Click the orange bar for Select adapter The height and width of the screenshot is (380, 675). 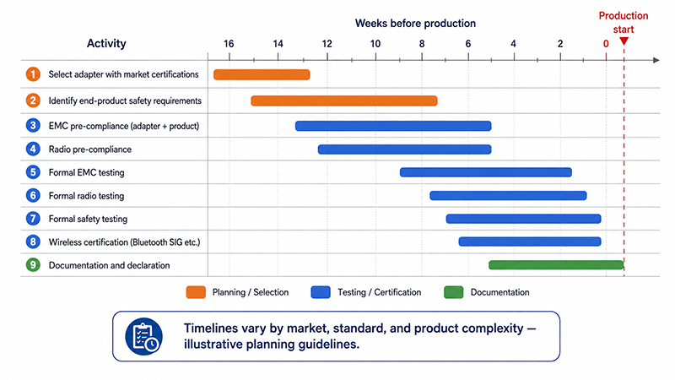pyautogui.click(x=262, y=74)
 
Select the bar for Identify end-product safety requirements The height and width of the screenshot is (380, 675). pyautogui.click(x=344, y=100)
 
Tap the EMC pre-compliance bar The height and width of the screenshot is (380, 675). pyautogui.click(x=393, y=126)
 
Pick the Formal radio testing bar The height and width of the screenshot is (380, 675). pyautogui.click(x=508, y=196)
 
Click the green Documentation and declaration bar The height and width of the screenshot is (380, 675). pyautogui.click(x=556, y=265)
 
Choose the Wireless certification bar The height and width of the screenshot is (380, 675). pyautogui.click(x=530, y=242)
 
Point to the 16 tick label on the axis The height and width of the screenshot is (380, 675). pyautogui.click(x=229, y=44)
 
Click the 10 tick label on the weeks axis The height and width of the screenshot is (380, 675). pyautogui.click(x=375, y=44)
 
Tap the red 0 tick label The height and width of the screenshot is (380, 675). pyautogui.click(x=606, y=44)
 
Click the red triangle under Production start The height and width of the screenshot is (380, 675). pyautogui.click(x=624, y=41)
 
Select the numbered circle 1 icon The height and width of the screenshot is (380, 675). pyautogui.click(x=33, y=74)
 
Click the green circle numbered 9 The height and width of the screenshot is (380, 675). pyautogui.click(x=33, y=265)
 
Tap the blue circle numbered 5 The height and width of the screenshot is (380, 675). pyautogui.click(x=33, y=172)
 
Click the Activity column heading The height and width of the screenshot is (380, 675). pyautogui.click(x=106, y=44)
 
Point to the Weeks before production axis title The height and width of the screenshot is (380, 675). pyautogui.click(x=415, y=24)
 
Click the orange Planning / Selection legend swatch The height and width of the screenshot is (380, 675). pyautogui.click(x=196, y=292)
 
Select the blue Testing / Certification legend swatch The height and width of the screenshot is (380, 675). pyautogui.click(x=321, y=292)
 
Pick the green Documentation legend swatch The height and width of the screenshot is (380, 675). pyautogui.click(x=454, y=292)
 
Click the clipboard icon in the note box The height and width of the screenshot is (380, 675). pyautogui.click(x=143, y=336)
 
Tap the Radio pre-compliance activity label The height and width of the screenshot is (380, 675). pyautogui.click(x=90, y=149)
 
